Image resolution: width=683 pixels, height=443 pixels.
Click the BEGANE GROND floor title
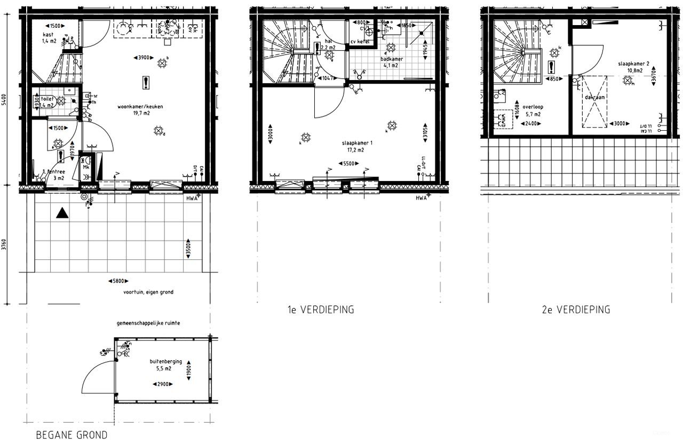pyautogui.click(x=72, y=434)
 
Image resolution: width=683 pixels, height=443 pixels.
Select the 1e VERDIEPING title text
pyautogui.click(x=319, y=310)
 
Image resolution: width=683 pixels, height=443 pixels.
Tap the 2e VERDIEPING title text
pyautogui.click(x=575, y=310)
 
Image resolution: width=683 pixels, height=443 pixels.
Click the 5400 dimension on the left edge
pyautogui.click(x=4, y=100)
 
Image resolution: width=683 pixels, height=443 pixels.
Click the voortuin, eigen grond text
pyautogui.click(x=148, y=292)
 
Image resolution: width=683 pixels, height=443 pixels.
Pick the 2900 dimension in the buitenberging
pyautogui.click(x=164, y=384)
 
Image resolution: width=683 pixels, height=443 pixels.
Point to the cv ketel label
pyautogui.click(x=360, y=42)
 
